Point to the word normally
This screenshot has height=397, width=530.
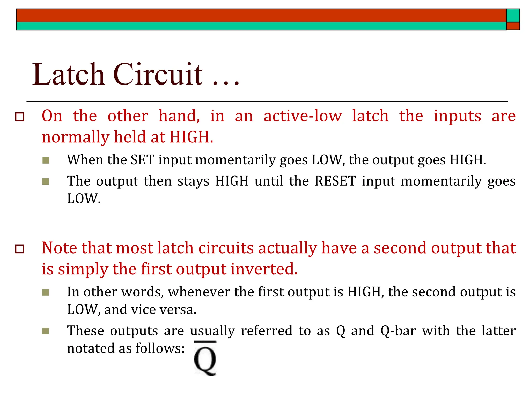pyautogui.click(x=75, y=137)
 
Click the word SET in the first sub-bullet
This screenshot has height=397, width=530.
pyautogui.click(x=143, y=160)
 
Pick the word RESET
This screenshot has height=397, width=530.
pyautogui.click(x=335, y=181)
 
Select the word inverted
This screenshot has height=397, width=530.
pyautogui.click(x=264, y=269)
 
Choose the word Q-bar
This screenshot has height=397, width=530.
pyautogui.click(x=398, y=331)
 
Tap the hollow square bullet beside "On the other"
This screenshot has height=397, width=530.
pyautogui.click(x=20, y=117)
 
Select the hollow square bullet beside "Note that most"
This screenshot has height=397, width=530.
pyautogui.click(x=20, y=249)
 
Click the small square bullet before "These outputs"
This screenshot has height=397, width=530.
pyautogui.click(x=46, y=331)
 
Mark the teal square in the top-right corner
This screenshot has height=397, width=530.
pyautogui.click(x=513, y=16)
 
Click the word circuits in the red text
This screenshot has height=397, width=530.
pyautogui.click(x=226, y=248)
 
